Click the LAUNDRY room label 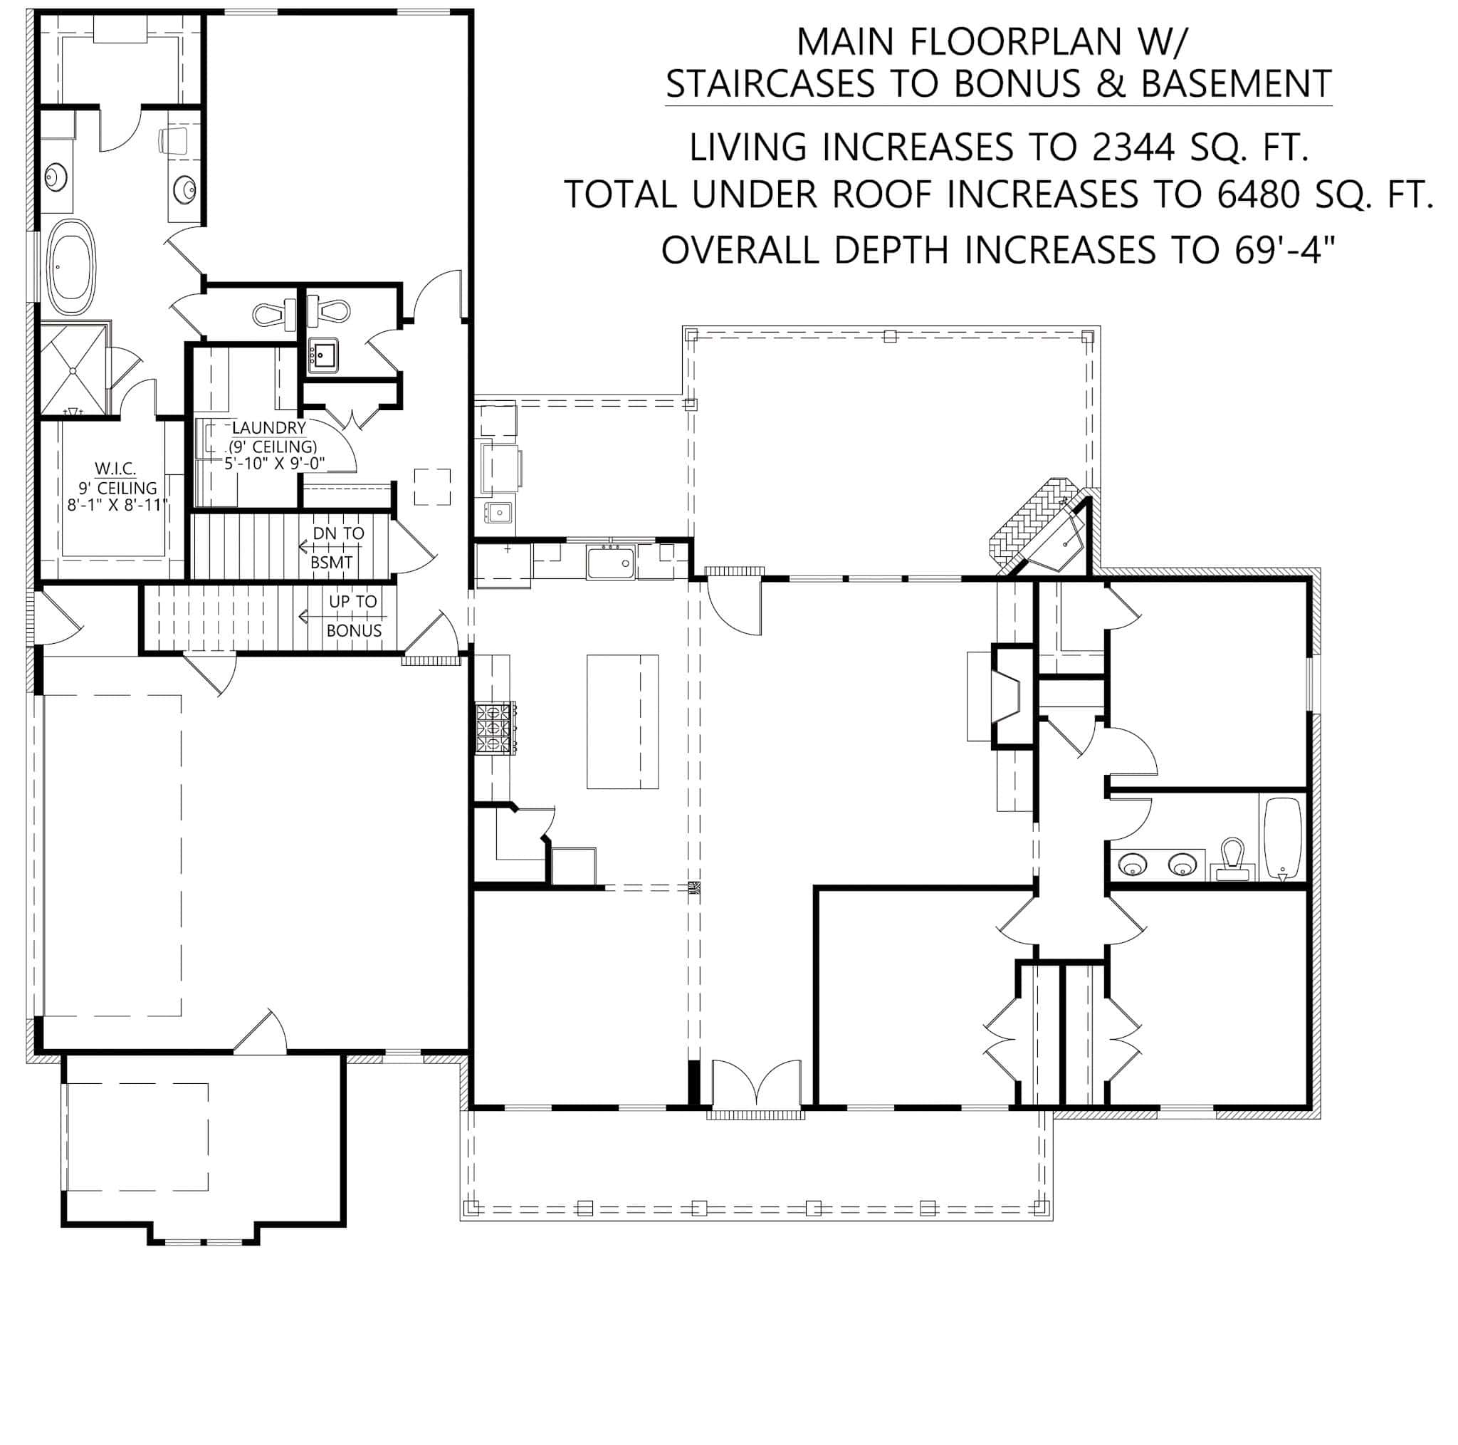(x=268, y=428)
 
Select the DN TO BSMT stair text (x=337, y=548)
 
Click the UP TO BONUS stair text (x=352, y=615)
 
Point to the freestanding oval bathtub (x=72, y=267)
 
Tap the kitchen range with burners (x=495, y=728)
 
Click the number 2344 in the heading (x=1132, y=147)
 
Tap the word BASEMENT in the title (x=1236, y=84)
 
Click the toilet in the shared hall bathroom (x=1232, y=859)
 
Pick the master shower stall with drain (x=73, y=369)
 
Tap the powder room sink (x=324, y=354)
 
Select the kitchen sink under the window (x=611, y=563)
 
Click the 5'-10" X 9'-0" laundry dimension (x=275, y=464)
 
